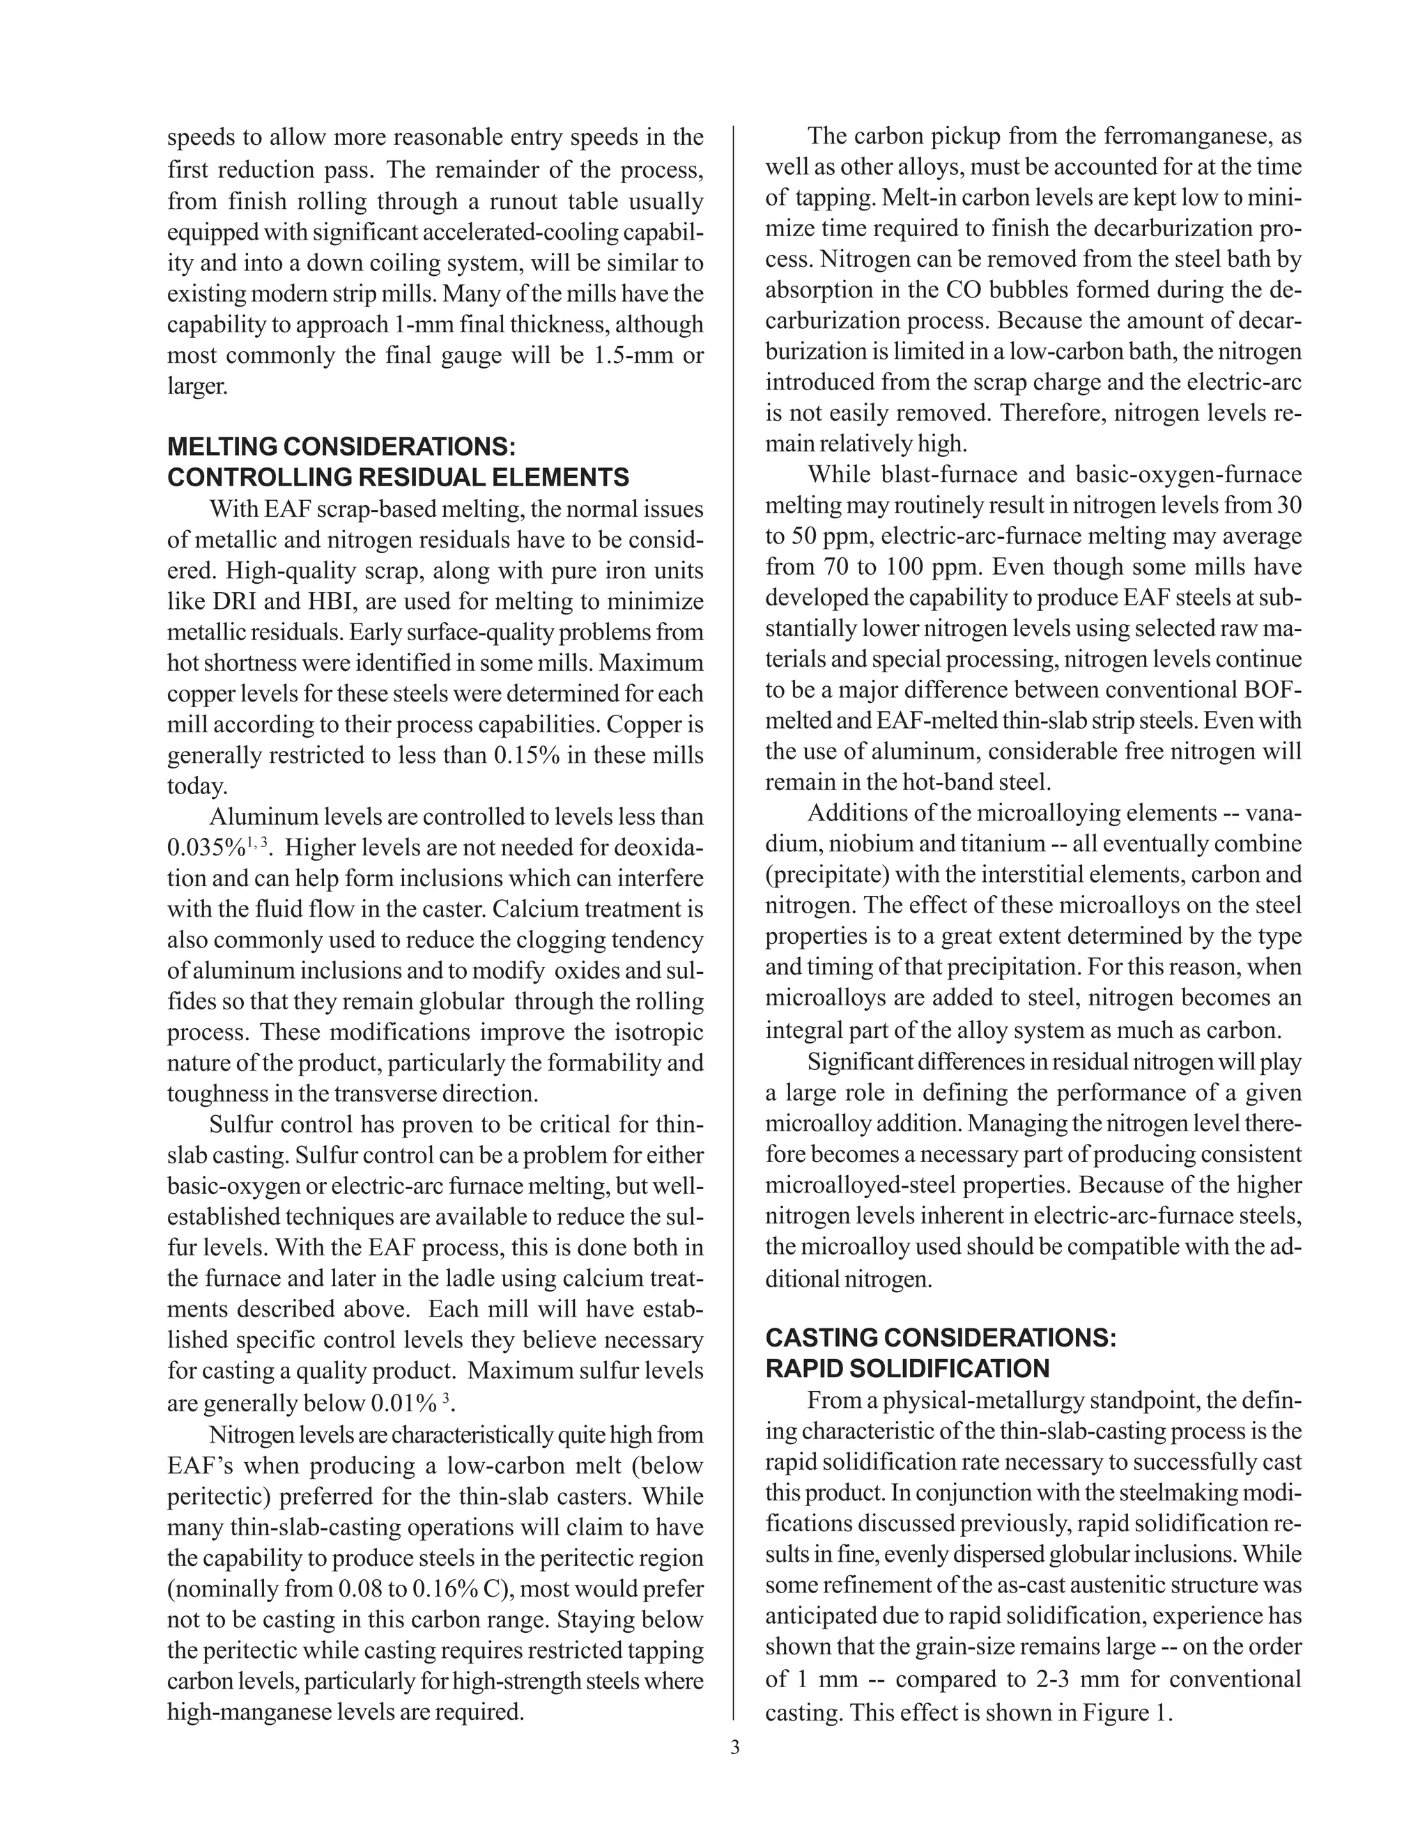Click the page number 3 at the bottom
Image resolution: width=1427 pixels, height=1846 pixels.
734,1747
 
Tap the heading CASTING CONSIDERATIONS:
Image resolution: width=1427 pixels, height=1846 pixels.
941,1337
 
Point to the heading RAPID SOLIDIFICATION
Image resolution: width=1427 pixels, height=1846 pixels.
907,1368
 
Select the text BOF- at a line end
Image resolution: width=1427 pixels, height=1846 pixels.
1273,690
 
